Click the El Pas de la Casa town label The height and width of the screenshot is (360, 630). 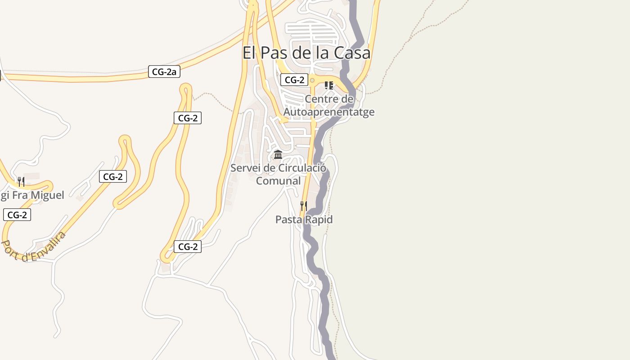pos(306,53)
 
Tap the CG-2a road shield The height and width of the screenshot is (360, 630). pos(164,71)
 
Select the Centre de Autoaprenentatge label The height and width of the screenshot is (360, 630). pos(329,105)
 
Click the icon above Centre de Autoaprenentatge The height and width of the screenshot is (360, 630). pos(329,85)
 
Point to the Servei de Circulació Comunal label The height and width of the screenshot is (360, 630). pos(278,174)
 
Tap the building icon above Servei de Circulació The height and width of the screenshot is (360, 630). pos(278,155)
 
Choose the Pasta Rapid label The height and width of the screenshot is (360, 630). pos(304,220)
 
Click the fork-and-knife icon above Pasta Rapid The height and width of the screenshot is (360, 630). pos(304,206)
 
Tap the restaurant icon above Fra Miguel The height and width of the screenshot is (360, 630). pos(21,182)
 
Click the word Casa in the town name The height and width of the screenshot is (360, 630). pos(352,53)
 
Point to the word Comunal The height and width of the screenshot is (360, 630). pos(278,181)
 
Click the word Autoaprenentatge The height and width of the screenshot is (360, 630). pos(329,112)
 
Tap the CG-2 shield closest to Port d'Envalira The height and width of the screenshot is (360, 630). pos(17,215)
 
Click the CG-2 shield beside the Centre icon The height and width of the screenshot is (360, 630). pos(294,80)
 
